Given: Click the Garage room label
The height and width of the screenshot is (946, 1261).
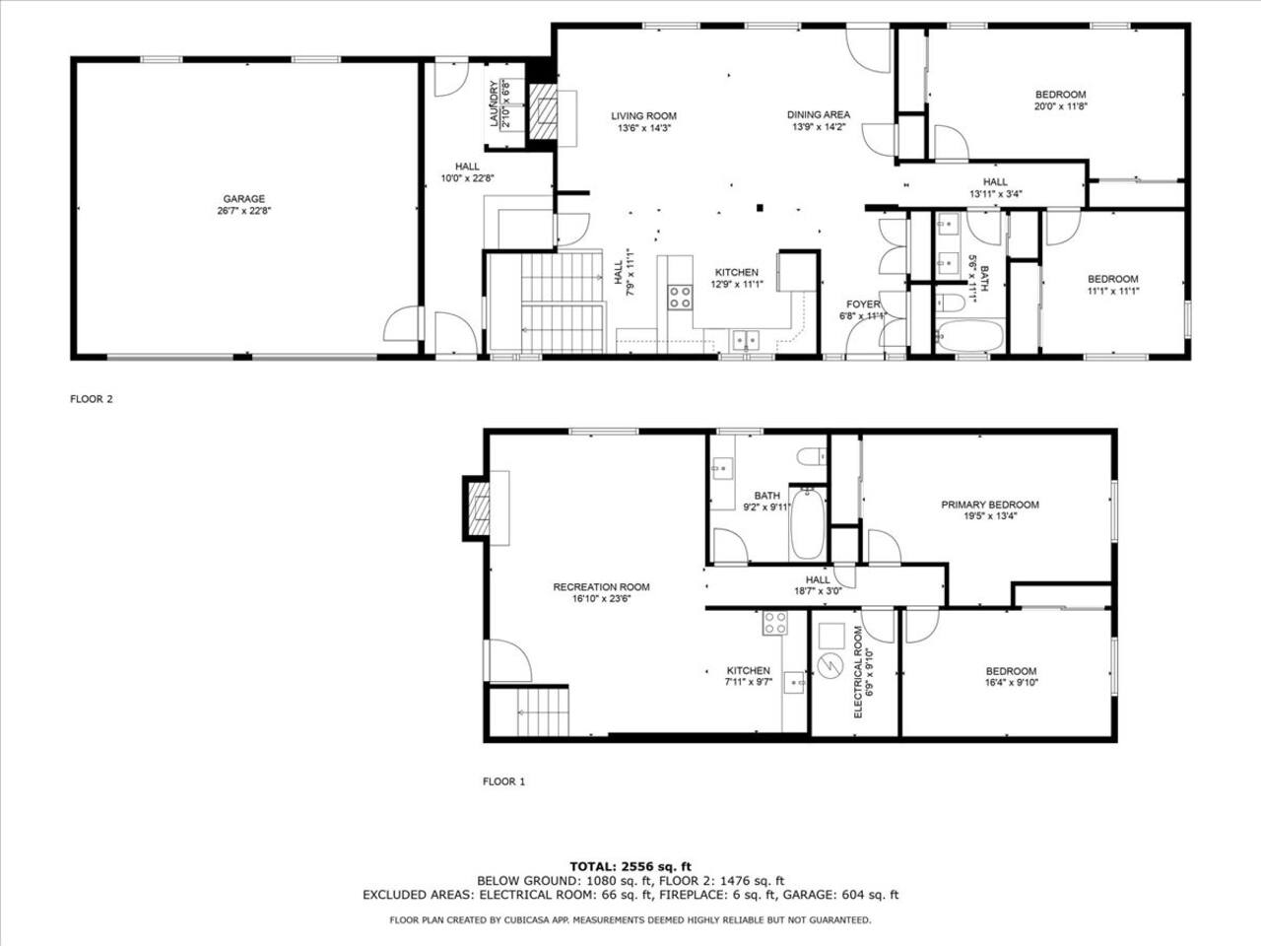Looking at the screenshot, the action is [244, 199].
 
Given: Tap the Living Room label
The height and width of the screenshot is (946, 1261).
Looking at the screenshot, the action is [643, 116].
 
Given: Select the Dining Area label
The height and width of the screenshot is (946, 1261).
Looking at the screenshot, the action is [818, 115].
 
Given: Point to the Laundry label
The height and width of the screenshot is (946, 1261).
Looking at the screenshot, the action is [494, 103].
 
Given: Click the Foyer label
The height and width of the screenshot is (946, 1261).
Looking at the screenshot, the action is [863, 304].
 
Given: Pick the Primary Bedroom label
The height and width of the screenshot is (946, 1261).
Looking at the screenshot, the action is [990, 505].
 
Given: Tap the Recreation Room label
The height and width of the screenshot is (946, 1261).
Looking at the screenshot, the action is [601, 587].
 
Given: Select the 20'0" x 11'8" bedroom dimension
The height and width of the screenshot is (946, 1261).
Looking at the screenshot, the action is [1060, 106].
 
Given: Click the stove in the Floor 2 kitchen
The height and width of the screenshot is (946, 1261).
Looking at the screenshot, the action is [680, 297].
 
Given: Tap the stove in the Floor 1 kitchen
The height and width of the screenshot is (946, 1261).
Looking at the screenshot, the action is [775, 623].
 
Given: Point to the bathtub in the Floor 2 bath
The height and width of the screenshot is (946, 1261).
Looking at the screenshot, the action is [969, 335].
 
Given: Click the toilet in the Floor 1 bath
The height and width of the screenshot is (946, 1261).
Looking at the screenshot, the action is [811, 456].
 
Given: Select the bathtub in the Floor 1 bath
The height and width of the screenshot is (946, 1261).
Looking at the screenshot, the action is [807, 523].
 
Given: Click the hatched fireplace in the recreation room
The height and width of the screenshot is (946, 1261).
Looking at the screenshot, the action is [479, 508].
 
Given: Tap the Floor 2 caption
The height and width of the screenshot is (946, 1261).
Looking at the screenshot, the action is [92, 399].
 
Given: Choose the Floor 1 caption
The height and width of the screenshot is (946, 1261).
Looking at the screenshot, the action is [503, 781].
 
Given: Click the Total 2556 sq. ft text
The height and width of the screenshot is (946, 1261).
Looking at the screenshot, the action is [630, 867].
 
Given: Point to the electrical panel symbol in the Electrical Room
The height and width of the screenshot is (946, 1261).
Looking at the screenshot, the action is [830, 667].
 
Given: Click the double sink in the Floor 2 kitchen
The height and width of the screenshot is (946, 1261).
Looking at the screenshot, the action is [746, 341].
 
